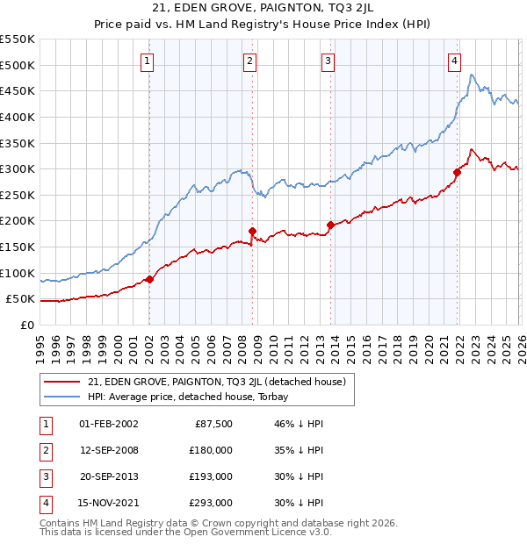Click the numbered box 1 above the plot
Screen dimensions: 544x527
[147, 61]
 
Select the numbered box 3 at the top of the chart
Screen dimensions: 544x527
[328, 61]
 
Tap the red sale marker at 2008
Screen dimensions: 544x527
[252, 232]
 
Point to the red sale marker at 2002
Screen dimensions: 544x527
[149, 279]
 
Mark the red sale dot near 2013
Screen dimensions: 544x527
[331, 225]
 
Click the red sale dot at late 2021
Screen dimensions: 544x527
[458, 173]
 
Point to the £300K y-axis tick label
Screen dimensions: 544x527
[18, 168]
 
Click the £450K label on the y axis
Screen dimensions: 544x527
[18, 90]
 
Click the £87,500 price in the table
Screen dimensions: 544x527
[212, 424]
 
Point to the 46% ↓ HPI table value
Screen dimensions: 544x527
[292, 424]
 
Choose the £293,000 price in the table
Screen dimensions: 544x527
[211, 503]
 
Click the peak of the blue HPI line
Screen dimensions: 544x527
[472, 75]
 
